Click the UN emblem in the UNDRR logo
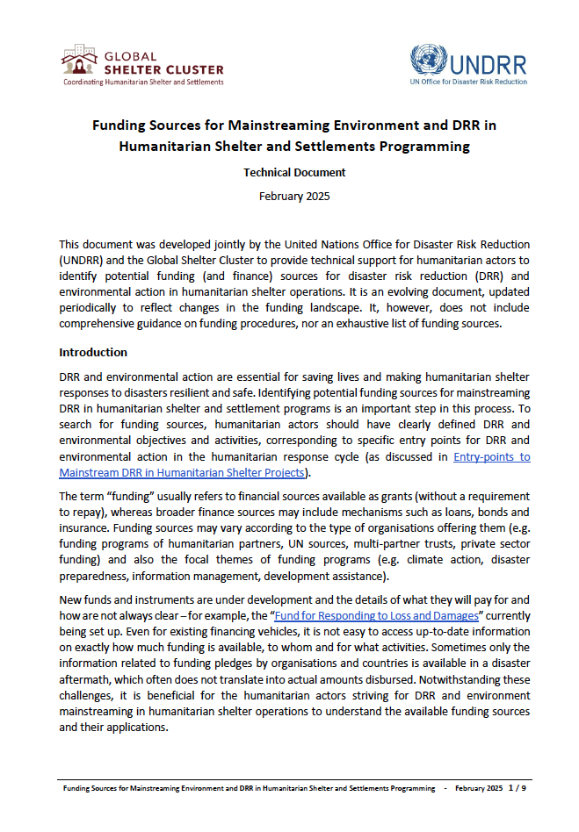click(x=429, y=61)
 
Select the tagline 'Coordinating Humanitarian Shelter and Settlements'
click(x=142, y=82)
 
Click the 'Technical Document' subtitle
click(x=294, y=173)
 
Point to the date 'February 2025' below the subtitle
click(x=294, y=196)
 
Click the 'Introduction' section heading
click(x=93, y=352)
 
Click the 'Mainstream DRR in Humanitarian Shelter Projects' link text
click(x=182, y=473)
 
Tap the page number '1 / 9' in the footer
click(x=517, y=788)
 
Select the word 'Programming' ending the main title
click(x=429, y=146)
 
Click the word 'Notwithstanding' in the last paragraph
click(x=435, y=679)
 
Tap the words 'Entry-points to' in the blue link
click(x=491, y=457)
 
